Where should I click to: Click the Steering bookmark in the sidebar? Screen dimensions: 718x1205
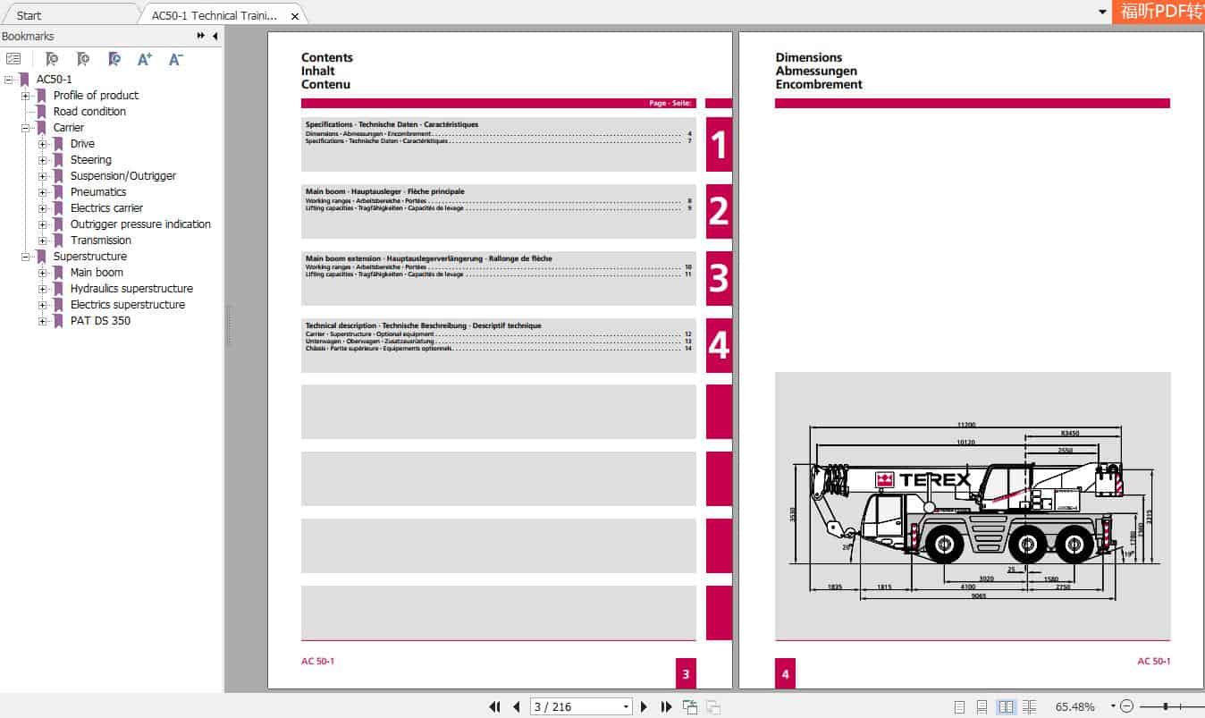coord(90,160)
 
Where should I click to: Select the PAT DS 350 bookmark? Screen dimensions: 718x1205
coord(100,321)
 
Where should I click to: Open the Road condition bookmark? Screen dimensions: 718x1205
coord(89,112)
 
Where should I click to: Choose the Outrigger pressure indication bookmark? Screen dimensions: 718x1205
coord(140,224)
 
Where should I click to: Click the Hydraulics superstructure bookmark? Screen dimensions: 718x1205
coord(131,289)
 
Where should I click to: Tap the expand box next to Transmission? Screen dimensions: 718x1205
coord(43,241)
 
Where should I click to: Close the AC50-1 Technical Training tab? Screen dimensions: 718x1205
coord(295,16)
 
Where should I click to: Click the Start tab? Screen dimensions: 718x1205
coord(29,15)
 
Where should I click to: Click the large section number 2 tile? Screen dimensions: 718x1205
coord(719,211)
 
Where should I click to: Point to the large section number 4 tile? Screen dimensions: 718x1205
coord(719,345)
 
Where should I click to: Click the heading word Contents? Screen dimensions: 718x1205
coord(327,57)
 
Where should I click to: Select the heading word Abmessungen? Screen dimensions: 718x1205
coord(816,71)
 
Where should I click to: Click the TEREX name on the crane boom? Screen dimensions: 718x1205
coord(933,479)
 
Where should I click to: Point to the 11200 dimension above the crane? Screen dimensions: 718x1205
coord(965,425)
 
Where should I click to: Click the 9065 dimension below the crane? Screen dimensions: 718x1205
coord(978,596)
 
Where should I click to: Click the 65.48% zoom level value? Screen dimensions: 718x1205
coord(1074,706)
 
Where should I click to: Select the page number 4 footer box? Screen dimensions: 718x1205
coord(785,674)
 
